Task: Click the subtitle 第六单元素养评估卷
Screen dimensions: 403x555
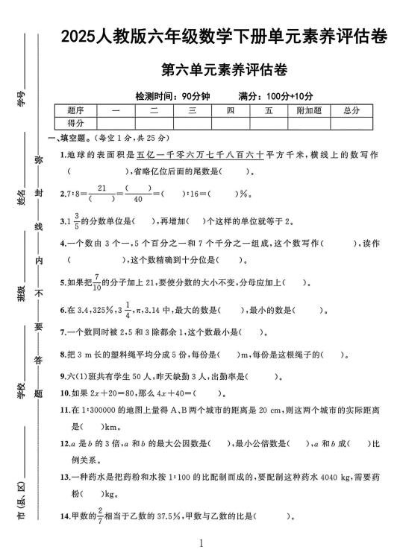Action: point(225,71)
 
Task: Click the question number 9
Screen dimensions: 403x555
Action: point(63,376)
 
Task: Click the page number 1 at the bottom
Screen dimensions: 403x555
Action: point(202,545)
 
